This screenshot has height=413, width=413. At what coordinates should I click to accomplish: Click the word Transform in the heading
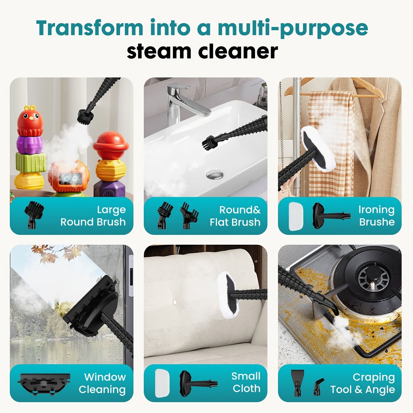[89, 28]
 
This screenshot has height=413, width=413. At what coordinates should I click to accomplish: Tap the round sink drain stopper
[215, 174]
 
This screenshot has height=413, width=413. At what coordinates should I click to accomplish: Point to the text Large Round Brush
[93, 216]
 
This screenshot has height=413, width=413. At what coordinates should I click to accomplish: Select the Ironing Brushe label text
[377, 216]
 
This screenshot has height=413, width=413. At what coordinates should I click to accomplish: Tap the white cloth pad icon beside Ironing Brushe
[296, 216]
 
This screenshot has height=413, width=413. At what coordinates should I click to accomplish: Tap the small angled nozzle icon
[318, 387]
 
